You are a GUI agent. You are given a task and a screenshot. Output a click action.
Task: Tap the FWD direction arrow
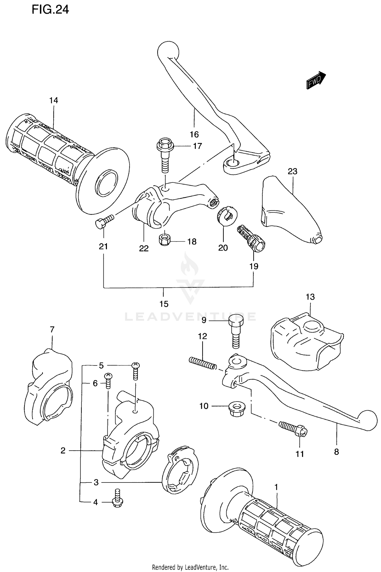click(x=316, y=80)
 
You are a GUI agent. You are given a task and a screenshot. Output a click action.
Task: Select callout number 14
click(x=54, y=100)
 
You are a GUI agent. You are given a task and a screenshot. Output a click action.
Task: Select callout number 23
click(x=292, y=171)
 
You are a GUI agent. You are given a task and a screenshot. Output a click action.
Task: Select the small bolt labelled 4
click(x=117, y=500)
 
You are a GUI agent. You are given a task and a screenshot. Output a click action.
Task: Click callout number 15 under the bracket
click(x=164, y=304)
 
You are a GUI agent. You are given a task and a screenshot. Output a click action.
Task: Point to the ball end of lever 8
click(x=367, y=420)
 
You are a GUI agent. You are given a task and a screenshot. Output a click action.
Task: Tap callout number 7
click(x=52, y=330)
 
